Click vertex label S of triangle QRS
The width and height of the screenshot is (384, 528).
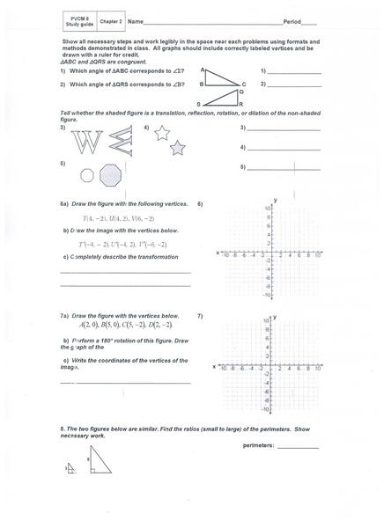[199, 104]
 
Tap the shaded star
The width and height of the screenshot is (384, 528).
[177, 147]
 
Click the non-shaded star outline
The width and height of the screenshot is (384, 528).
[161, 133]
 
